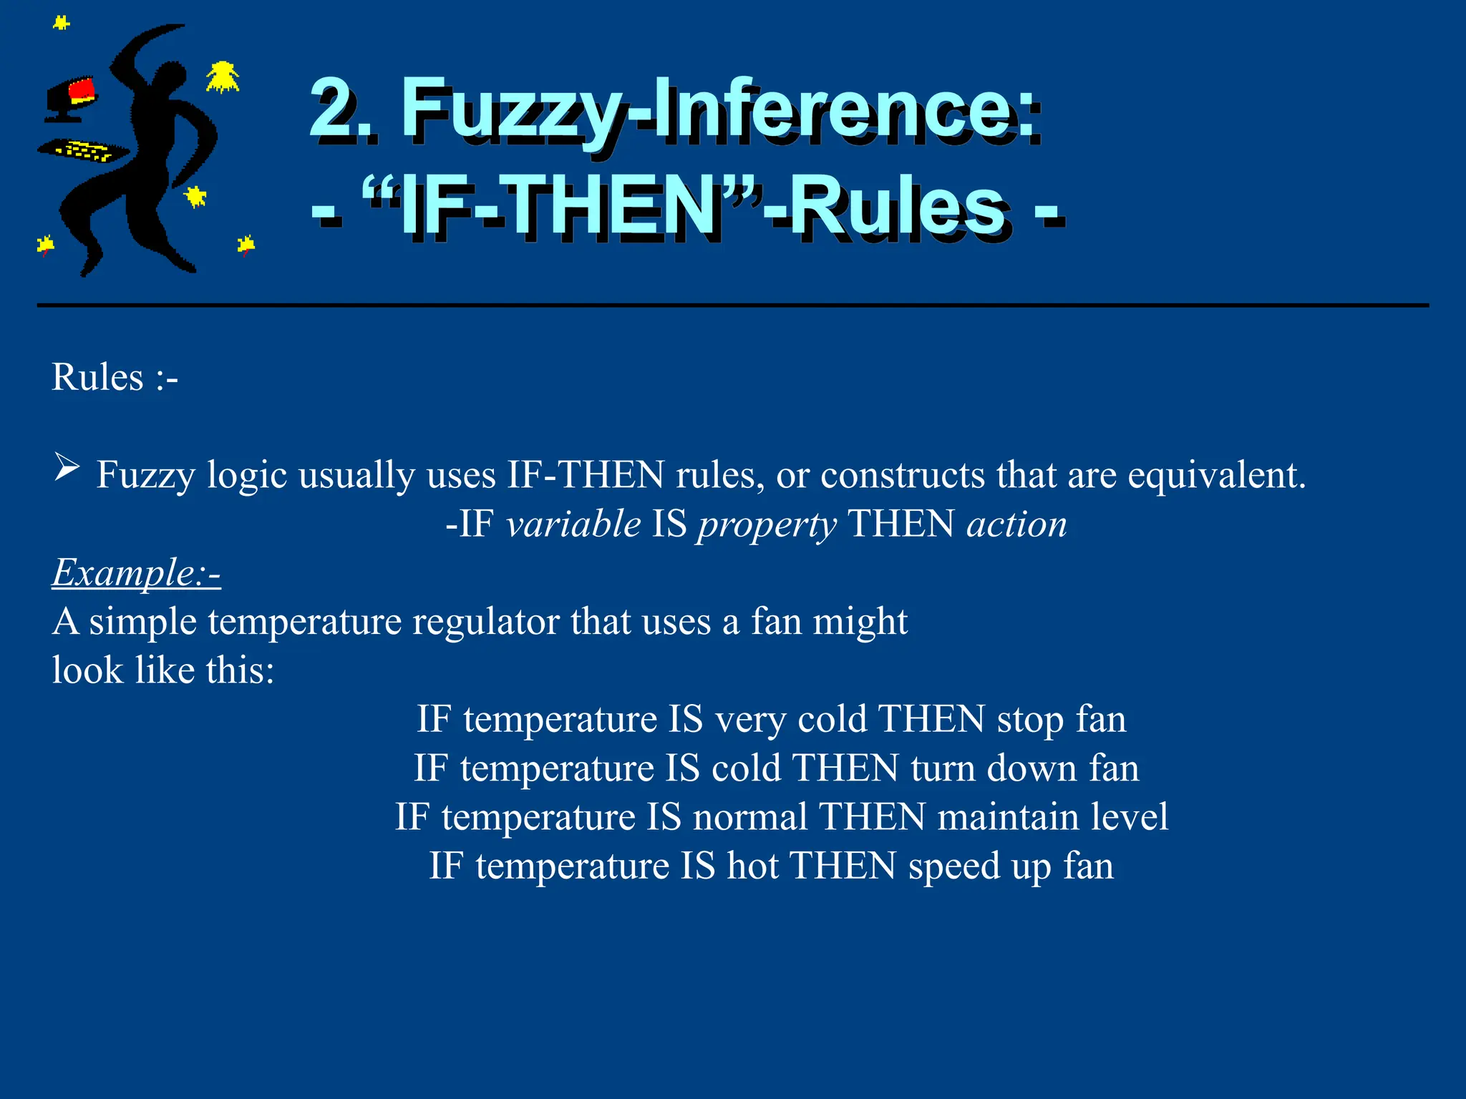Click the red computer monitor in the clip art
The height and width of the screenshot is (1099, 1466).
tap(81, 92)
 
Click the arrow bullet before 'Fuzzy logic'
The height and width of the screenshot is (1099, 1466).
tap(67, 469)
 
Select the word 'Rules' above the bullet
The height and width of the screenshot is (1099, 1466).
tap(97, 377)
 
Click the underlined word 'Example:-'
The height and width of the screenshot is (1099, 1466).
tap(136, 572)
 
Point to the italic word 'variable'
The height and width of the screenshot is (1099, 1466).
tap(573, 524)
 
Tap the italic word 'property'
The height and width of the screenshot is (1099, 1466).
tap(767, 525)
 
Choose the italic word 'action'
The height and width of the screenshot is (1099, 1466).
tap(1016, 524)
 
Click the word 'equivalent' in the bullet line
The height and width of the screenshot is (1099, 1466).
tap(1216, 475)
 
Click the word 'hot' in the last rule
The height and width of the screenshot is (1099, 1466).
tap(752, 866)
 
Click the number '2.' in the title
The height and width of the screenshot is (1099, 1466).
tap(342, 109)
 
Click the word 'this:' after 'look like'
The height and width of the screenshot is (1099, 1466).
tap(240, 670)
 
